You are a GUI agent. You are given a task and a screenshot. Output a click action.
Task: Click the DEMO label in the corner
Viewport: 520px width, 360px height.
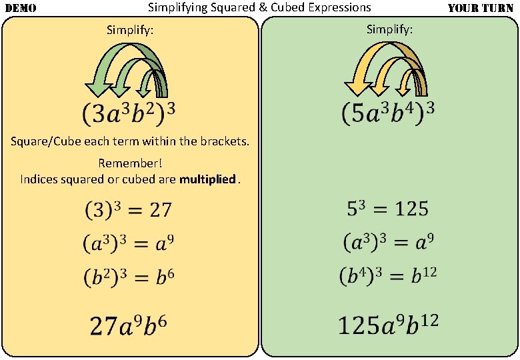(x=21, y=9)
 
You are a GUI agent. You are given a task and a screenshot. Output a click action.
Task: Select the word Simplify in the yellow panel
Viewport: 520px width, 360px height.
(x=130, y=30)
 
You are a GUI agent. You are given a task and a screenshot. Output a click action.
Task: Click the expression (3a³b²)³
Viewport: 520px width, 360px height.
(x=129, y=113)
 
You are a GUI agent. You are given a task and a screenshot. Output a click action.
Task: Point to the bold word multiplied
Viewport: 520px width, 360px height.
(x=207, y=179)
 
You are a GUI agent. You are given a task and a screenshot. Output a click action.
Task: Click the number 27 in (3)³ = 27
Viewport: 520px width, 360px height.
(x=160, y=211)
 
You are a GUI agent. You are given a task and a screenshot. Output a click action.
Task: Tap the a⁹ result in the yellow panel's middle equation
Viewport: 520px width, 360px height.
(x=164, y=243)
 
